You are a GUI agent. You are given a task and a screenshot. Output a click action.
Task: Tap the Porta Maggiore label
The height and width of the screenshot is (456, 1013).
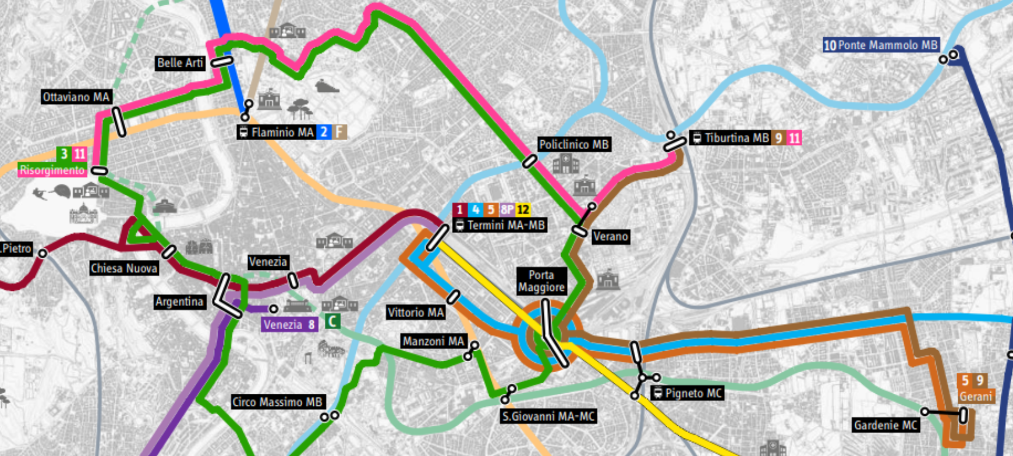pos(541,281)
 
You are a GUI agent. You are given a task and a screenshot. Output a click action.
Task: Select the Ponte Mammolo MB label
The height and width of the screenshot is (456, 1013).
pos(881,45)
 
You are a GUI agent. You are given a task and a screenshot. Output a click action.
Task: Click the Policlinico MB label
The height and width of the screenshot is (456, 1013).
pos(573,144)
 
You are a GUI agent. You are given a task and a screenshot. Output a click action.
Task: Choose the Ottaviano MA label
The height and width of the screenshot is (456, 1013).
pos(76,97)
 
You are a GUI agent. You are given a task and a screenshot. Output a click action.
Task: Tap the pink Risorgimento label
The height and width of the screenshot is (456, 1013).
pos(52,170)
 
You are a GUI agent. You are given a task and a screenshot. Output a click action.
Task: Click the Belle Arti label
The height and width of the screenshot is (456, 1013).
pos(180,63)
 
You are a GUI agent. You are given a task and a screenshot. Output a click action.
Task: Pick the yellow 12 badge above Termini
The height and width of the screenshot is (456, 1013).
pos(523,209)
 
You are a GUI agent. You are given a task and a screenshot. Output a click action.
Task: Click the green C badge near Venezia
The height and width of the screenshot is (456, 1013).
pos(332,321)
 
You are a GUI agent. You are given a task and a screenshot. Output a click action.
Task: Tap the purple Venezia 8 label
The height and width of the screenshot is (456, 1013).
pos(289,325)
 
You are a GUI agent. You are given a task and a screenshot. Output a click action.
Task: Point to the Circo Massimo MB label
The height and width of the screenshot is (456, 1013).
pos(277,402)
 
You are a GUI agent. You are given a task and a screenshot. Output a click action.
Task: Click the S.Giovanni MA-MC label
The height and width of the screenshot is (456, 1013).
pos(548,416)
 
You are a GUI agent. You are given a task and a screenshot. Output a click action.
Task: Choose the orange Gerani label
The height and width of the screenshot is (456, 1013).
pos(976,396)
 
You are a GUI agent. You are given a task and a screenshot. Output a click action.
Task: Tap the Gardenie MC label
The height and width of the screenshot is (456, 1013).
pos(886,425)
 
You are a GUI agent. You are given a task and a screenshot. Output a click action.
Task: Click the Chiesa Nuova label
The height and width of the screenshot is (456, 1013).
pos(124,268)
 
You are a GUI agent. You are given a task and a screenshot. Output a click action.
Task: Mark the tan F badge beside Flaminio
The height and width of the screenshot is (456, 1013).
pos(339,132)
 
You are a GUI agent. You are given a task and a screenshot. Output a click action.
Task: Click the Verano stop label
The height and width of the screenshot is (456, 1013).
pos(610,236)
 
